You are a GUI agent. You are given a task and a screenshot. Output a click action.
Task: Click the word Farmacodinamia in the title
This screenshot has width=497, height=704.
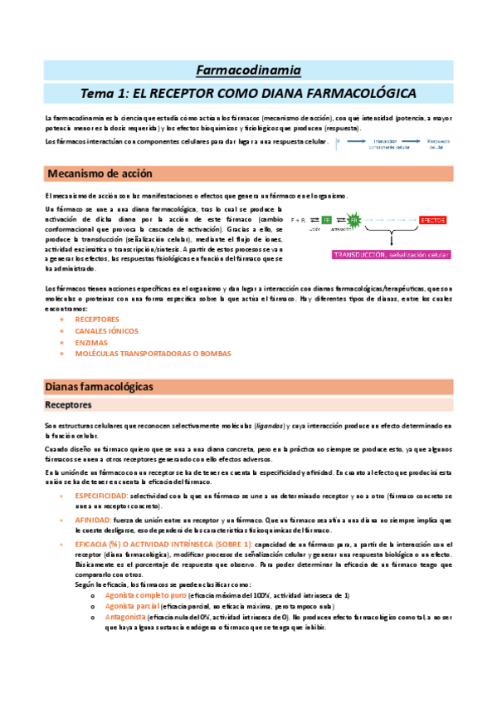pos(248,70)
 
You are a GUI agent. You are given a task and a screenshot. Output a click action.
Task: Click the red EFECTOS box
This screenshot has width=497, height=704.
pos(432,219)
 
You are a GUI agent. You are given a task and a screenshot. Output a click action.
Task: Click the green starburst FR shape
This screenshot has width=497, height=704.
pos(354,220)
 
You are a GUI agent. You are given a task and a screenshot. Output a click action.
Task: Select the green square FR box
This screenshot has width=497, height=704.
pos(326,220)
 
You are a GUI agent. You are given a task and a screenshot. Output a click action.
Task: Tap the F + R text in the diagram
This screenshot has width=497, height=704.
pos(300,219)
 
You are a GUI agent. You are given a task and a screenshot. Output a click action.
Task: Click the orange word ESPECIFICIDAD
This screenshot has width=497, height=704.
pos(102,496)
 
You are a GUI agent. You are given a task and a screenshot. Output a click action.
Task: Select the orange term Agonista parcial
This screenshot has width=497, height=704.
pos(134,606)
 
